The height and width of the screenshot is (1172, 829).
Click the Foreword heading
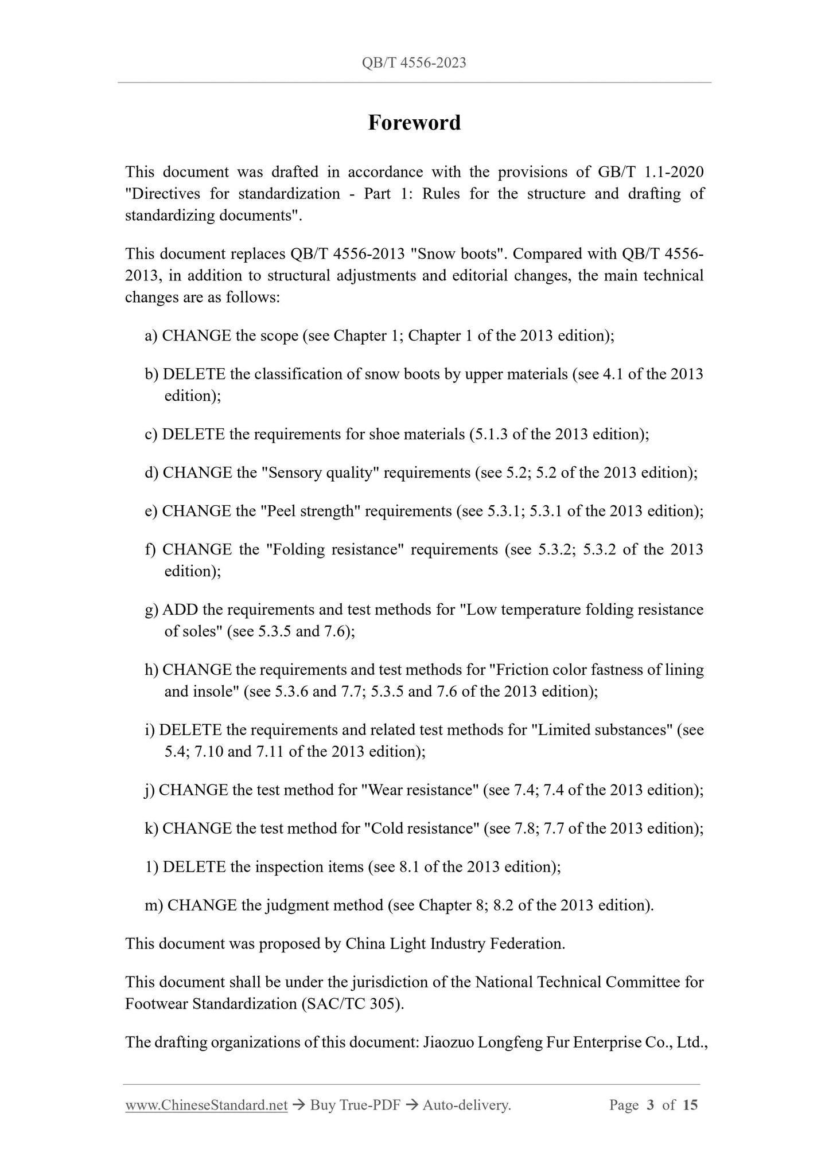tap(414, 123)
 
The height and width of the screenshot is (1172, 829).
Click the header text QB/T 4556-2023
tap(414, 62)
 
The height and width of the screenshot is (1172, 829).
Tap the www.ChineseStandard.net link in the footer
tap(206, 1105)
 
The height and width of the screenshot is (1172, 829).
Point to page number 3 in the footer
tap(651, 1105)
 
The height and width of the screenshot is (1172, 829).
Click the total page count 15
tap(690, 1105)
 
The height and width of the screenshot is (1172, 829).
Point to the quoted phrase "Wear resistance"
tap(420, 790)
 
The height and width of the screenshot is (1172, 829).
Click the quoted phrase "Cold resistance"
tap(422, 829)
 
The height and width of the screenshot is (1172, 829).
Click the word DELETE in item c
tap(193, 435)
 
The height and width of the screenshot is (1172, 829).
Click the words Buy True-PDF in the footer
tap(355, 1105)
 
